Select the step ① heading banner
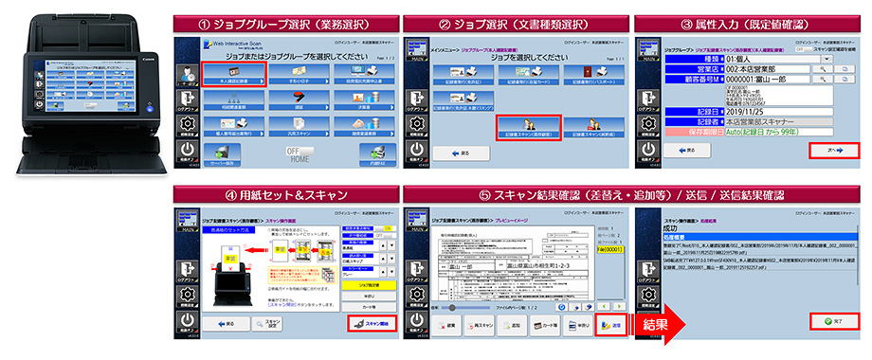pos(283,20)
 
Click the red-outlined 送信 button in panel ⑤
pos(607,324)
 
